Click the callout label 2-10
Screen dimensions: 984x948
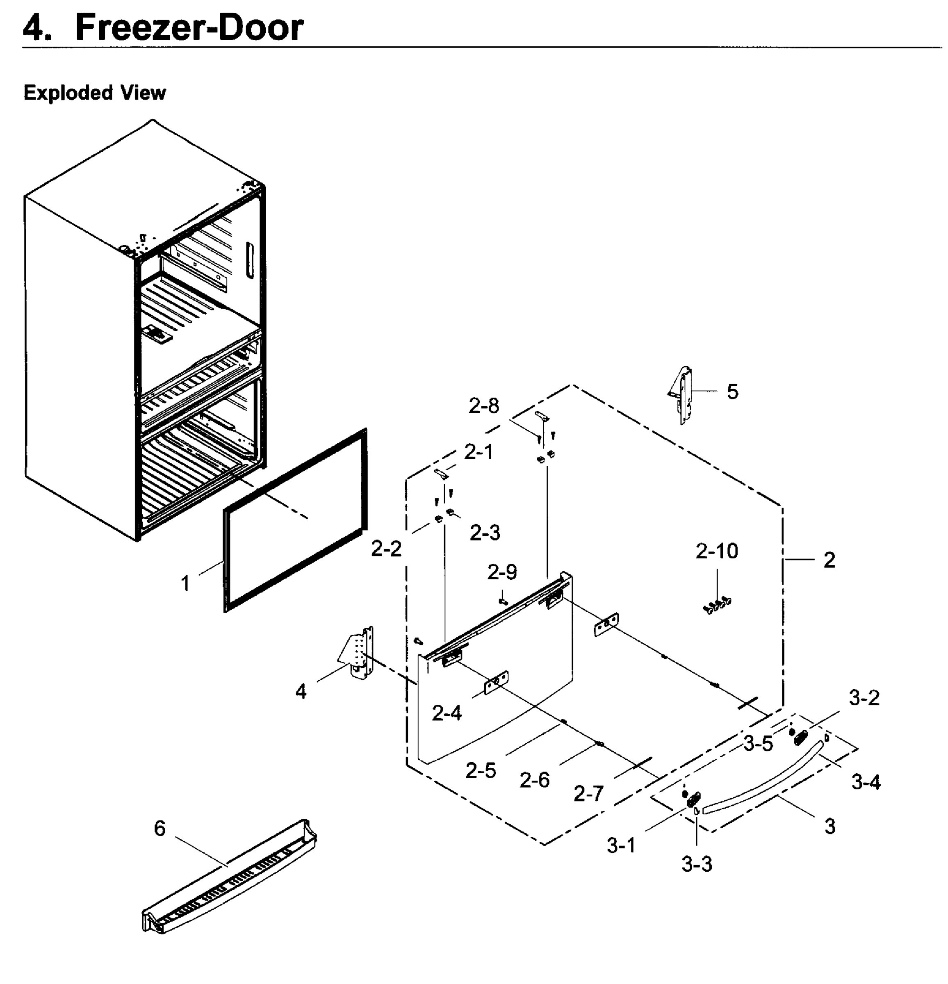[716, 551]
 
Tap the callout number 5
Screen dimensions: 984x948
[733, 392]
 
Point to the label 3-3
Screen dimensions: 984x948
[696, 864]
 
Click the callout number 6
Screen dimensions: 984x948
[160, 828]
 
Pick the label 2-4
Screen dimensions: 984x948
[447, 713]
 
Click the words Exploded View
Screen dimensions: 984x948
[94, 93]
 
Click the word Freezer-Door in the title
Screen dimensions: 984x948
[189, 27]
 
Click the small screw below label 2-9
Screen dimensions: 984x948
[503, 600]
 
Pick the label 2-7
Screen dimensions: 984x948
[588, 794]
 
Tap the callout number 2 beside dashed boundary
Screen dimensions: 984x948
[829, 560]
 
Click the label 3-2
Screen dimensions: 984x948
[864, 698]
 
